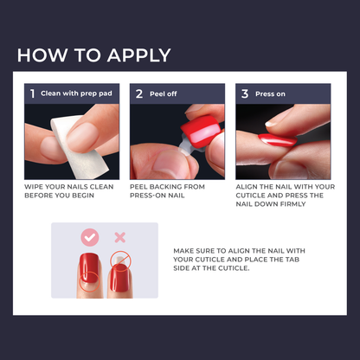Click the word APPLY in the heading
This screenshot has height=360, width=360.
pyautogui.click(x=135, y=55)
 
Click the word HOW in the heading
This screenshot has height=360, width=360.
pyautogui.click(x=39, y=55)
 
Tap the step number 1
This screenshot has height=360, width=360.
pyautogui.click(x=32, y=93)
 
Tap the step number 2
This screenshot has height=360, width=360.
pyautogui.click(x=138, y=93)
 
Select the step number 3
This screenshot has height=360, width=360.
pyautogui.click(x=245, y=93)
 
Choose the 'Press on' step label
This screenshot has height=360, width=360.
pyautogui.click(x=271, y=93)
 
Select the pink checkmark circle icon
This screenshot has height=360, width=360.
pyautogui.click(x=89, y=237)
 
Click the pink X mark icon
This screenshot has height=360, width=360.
pyautogui.click(x=120, y=237)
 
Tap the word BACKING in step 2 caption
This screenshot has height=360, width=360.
pyautogui.click(x=170, y=186)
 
